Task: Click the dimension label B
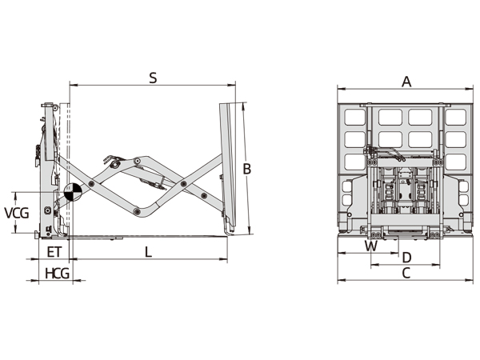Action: click(x=247, y=169)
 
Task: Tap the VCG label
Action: click(x=18, y=213)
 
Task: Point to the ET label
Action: click(x=54, y=252)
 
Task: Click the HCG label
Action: click(x=57, y=273)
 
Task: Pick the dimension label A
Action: click(x=406, y=81)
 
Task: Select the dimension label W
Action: click(x=370, y=246)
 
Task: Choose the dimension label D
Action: click(x=406, y=258)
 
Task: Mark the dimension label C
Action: click(x=406, y=273)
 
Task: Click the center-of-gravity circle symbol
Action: click(x=71, y=193)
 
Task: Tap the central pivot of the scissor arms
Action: click(x=185, y=185)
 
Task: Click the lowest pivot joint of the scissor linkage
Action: click(x=138, y=211)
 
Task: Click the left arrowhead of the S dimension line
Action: click(x=72, y=83)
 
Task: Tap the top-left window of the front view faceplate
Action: click(x=354, y=117)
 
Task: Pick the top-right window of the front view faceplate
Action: click(x=455, y=117)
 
